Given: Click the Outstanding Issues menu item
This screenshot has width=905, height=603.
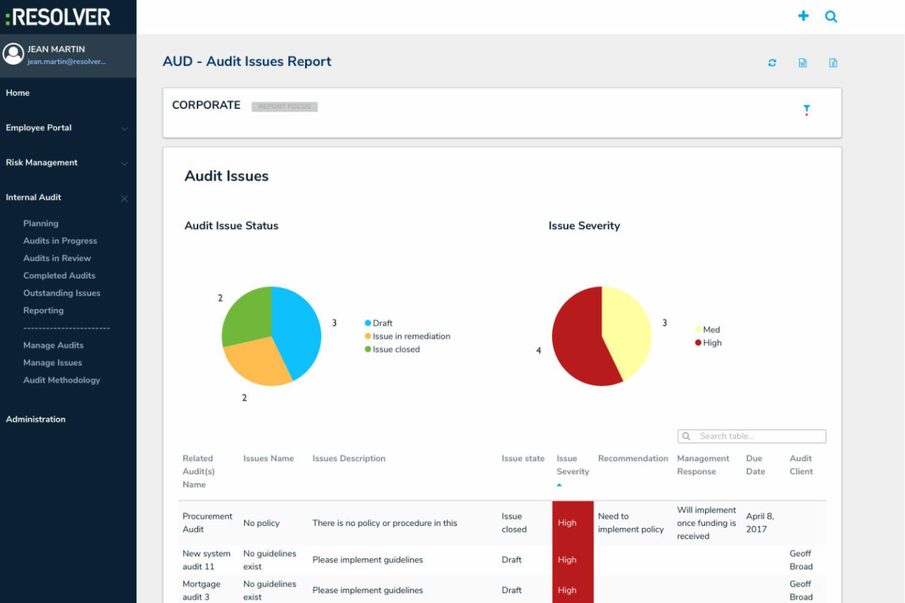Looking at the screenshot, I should click(61, 293).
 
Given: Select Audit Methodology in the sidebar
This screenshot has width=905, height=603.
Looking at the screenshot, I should click(61, 380).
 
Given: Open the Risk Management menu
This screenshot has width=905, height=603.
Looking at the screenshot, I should click(42, 163).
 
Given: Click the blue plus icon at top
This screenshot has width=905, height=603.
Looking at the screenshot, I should click(803, 16).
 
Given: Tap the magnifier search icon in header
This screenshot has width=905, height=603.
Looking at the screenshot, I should click(831, 16).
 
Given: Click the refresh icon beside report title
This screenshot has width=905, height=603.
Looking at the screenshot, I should click(772, 63).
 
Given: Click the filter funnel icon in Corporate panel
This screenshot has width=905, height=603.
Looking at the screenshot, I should click(807, 110).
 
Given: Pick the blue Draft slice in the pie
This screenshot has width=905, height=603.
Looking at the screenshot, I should click(297, 330).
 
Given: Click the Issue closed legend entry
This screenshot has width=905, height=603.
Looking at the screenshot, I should click(396, 349).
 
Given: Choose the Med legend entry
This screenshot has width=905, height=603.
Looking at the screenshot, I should click(711, 330).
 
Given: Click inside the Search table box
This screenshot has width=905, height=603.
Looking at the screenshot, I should click(758, 436).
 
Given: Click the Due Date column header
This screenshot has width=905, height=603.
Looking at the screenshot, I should click(755, 465).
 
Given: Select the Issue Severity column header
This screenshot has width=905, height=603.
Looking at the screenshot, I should click(572, 465).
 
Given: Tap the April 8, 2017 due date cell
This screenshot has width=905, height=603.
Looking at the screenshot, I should click(759, 523).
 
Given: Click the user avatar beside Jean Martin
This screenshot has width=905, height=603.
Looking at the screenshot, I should click(13, 54).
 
